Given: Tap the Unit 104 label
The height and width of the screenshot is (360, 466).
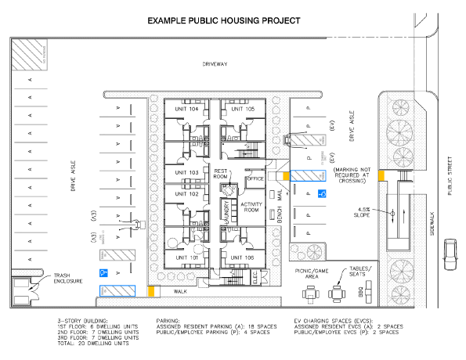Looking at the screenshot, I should (x=187, y=109).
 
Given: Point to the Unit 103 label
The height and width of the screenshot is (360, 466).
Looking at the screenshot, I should (x=186, y=172).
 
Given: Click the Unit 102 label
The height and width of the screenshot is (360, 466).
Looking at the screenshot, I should (x=186, y=194).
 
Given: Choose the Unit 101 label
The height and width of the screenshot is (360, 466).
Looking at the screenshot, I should (x=186, y=257).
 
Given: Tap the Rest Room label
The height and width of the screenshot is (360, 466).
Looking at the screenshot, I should (x=221, y=174).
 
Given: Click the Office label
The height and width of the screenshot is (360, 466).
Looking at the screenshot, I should (x=255, y=179).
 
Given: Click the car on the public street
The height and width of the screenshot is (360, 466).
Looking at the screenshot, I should (x=451, y=253).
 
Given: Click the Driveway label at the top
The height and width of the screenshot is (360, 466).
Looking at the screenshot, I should (x=214, y=64).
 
